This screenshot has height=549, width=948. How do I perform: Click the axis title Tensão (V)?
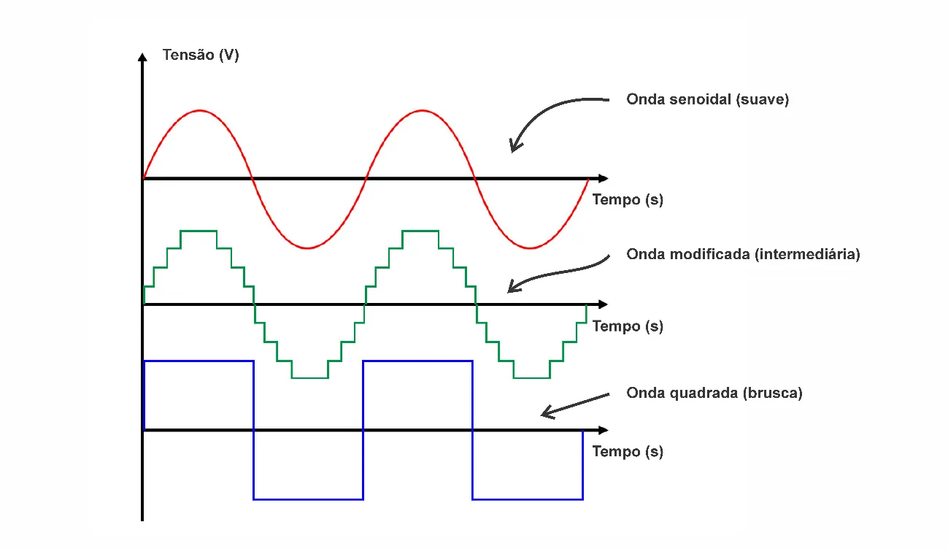click(x=201, y=55)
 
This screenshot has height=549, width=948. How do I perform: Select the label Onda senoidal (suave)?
click(x=707, y=100)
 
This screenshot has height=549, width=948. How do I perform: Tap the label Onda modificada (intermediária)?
click(x=743, y=255)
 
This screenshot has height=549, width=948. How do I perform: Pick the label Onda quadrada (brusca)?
click(x=714, y=393)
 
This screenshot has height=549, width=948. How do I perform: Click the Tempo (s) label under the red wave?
click(x=628, y=199)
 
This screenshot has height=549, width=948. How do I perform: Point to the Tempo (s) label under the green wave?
click(x=628, y=326)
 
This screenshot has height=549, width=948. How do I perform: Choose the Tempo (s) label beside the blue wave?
click(x=628, y=451)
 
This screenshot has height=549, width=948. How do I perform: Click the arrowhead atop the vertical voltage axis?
click(x=142, y=55)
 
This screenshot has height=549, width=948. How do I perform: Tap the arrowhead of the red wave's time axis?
click(x=602, y=178)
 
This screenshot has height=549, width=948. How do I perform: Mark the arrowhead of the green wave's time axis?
click(x=602, y=304)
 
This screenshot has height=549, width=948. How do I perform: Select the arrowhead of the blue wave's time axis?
click(x=602, y=430)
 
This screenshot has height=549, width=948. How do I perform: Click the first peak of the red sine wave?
click(x=199, y=110)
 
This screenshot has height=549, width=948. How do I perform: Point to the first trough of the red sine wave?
click(x=308, y=247)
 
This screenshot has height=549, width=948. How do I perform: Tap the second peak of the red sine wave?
click(x=421, y=110)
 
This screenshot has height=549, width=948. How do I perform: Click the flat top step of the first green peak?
click(x=199, y=231)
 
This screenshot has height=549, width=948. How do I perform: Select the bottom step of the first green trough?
click(x=309, y=377)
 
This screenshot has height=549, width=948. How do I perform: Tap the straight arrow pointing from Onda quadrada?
click(x=574, y=404)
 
